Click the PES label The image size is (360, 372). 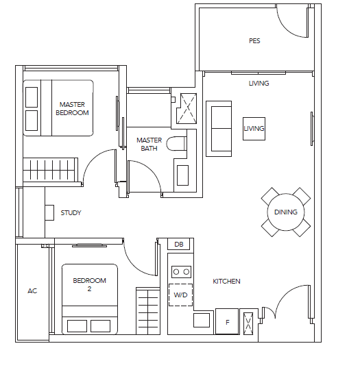point(254,41)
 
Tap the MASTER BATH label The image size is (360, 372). point(149,145)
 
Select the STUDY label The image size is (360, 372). point(71,213)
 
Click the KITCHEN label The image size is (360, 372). point(226,282)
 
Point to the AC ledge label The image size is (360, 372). point(32,291)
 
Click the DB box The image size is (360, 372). point(178,244)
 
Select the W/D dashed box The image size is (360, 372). point(180,295)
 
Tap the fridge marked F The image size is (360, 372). point(227,321)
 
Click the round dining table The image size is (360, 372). point(286,212)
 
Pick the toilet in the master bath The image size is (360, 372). point(176,144)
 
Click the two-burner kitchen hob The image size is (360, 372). point(181,272)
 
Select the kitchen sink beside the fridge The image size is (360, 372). point(202,321)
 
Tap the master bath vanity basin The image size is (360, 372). point(182,175)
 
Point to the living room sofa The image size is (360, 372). point(219,129)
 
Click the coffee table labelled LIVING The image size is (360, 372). point(254,129)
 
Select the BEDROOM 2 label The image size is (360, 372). point(89,284)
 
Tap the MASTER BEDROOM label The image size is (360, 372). point(72,108)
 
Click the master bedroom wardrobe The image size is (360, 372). point(50,170)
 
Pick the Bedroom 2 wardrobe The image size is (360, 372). point(148,311)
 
